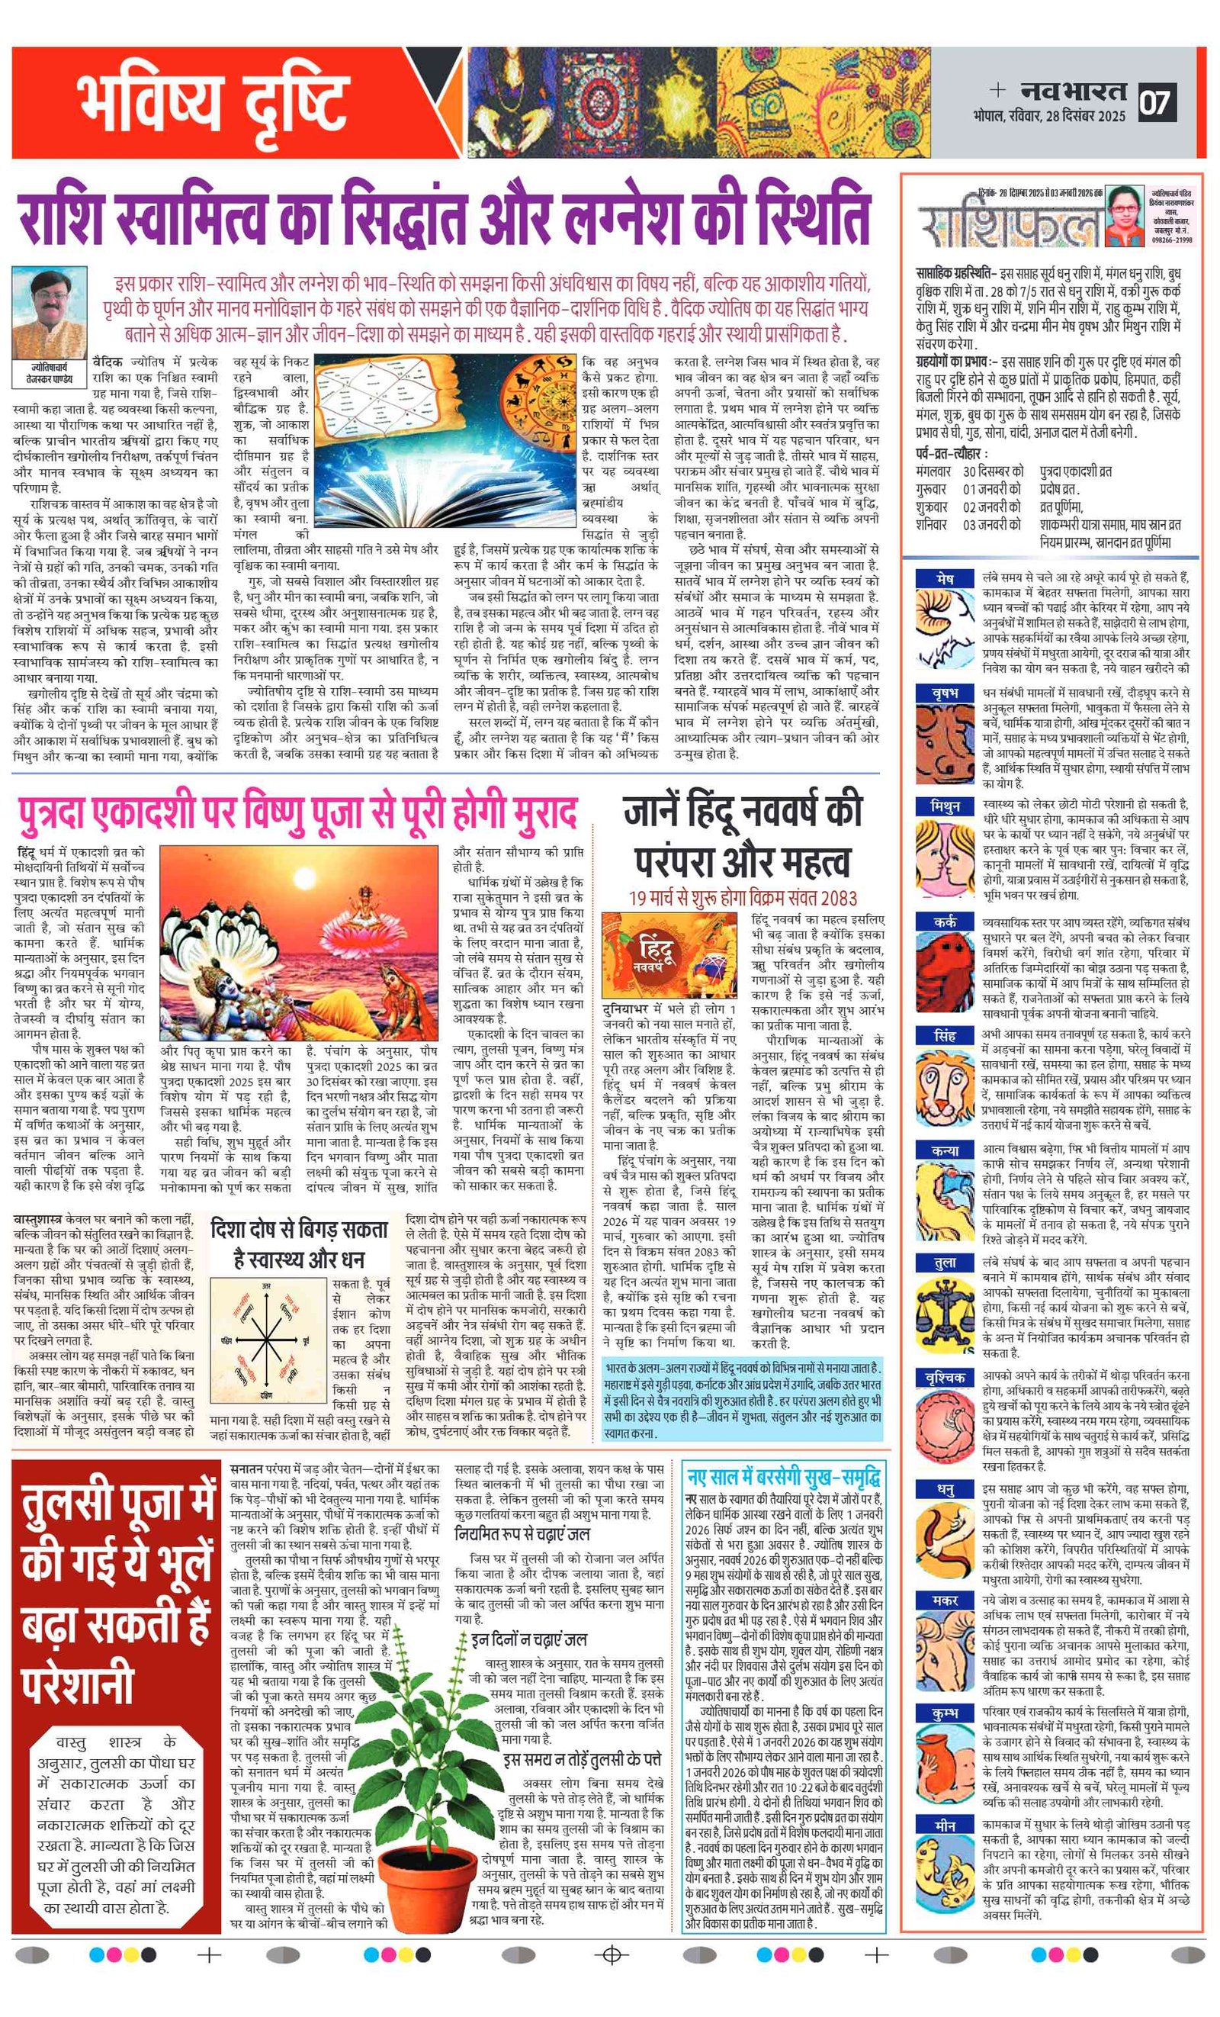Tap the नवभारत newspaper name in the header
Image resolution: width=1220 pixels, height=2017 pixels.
tap(1073, 91)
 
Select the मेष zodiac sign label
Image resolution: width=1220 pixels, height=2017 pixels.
tap(945, 579)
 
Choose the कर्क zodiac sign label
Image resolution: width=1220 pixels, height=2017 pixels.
tap(945, 922)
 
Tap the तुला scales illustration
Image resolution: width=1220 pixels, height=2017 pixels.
tap(944, 1314)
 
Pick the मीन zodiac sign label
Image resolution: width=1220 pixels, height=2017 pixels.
tap(945, 1826)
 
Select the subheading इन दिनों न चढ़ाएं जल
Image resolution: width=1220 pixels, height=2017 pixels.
tap(528, 1639)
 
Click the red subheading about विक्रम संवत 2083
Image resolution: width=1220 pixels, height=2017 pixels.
tap(742, 898)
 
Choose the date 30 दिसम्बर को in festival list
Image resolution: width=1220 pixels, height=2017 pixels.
tap(994, 471)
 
